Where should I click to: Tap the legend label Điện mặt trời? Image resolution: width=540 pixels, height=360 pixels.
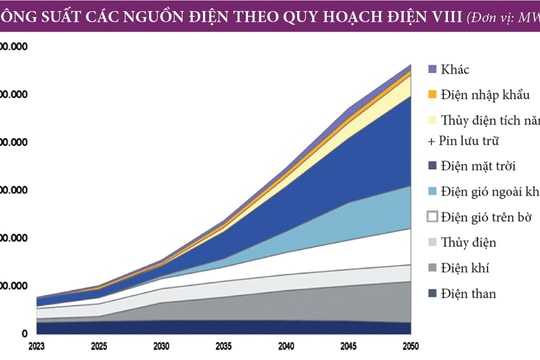[486, 167]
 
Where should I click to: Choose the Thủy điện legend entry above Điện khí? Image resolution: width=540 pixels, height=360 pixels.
[470, 242]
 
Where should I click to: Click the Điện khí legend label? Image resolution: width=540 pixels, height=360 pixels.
[466, 267]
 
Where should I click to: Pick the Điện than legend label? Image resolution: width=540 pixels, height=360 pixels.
[469, 293]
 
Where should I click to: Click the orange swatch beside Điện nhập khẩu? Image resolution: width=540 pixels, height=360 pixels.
[433, 95]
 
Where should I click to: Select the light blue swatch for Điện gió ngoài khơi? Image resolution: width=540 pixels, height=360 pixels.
[433, 191]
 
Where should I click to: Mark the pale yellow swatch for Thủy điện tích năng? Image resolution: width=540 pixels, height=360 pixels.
[433, 119]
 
